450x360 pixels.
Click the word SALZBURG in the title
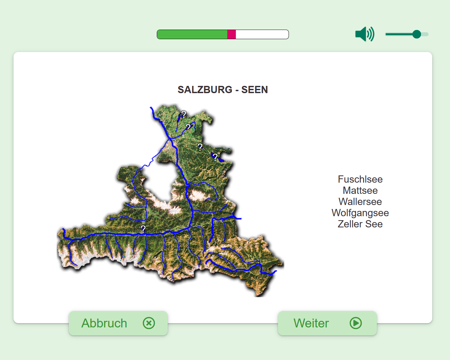pos(205,90)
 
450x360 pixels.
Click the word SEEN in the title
pos(254,90)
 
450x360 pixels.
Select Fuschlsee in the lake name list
pos(360,179)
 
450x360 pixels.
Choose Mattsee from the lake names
pos(360,191)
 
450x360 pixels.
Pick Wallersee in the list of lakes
pos(360,202)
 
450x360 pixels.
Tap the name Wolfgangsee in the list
pos(360,213)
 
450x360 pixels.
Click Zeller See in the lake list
pos(360,224)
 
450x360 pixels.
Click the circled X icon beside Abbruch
pos(149,323)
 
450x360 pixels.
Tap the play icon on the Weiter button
pos(356,323)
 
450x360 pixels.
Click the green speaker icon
pos(364,34)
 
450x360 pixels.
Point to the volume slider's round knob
pos(417,34)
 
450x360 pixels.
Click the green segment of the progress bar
pos(192,34)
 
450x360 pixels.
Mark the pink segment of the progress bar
pos(232,34)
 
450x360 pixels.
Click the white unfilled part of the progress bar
pos(262,34)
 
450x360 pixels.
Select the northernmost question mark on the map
pos(184,114)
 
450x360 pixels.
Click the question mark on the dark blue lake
pos(215,157)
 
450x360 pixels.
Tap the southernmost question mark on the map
pos(143,229)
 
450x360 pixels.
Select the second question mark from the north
pos(188,127)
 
